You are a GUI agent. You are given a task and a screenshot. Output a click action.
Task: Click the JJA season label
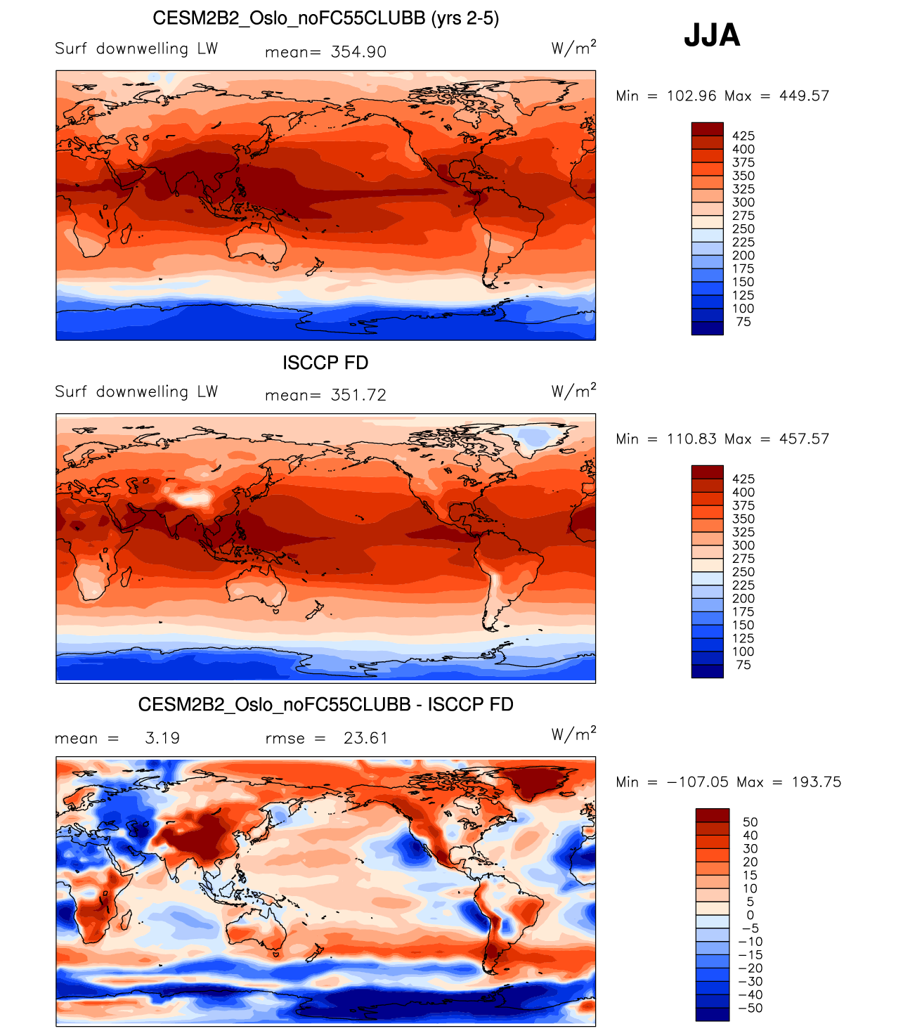click(712, 35)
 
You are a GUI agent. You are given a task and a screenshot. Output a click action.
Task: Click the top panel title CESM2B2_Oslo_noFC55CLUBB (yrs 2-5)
click(325, 18)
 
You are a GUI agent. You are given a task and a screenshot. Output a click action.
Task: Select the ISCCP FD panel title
click(325, 363)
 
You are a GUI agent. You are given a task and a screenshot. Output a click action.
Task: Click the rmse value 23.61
click(365, 738)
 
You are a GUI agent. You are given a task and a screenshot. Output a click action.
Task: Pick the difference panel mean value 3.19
click(162, 738)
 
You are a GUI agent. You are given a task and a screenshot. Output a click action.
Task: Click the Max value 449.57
click(804, 96)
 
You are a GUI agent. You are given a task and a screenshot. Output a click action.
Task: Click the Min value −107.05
click(697, 782)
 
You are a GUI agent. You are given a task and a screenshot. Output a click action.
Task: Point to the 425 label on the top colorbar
click(743, 136)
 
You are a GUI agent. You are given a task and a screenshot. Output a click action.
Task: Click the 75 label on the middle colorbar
click(743, 665)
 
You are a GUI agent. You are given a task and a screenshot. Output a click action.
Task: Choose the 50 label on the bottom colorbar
click(750, 822)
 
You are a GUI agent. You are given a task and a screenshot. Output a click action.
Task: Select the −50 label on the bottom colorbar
click(750, 1008)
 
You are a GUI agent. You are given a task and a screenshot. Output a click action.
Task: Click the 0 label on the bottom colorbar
click(750, 915)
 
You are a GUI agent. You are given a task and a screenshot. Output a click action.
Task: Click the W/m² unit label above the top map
click(573, 48)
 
